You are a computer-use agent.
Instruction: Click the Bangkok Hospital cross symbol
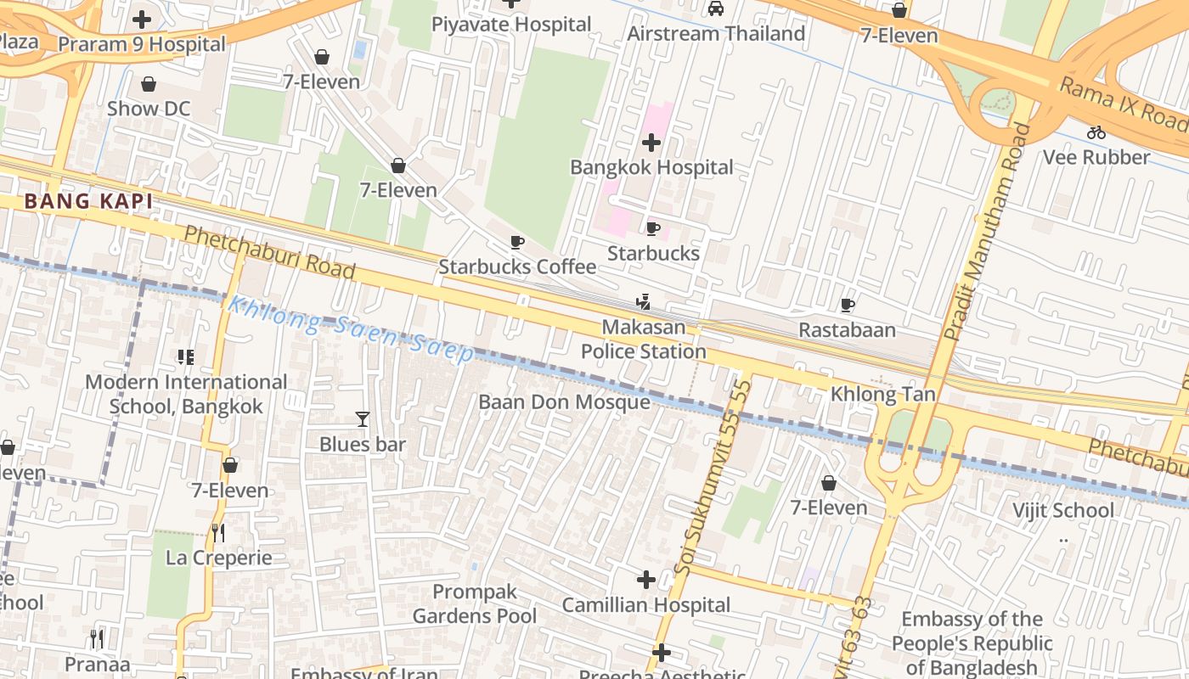[651, 142]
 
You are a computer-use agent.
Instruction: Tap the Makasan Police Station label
[643, 339]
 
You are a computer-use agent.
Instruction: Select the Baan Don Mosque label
[564, 401]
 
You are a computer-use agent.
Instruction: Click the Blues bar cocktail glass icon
[363, 418]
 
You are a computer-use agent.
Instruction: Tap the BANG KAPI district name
[89, 201]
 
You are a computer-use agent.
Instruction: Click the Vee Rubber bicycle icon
[1096, 132]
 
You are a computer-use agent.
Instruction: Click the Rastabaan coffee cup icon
[847, 305]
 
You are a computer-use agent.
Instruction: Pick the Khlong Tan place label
[882, 394]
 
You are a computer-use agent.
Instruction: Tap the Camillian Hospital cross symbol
[645, 580]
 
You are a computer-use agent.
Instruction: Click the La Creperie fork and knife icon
[218, 532]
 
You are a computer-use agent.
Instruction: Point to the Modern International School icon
[185, 357]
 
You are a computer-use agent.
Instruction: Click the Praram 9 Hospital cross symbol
[142, 19]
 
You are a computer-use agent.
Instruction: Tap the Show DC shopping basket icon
[149, 84]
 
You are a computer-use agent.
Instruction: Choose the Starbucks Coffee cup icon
[516, 242]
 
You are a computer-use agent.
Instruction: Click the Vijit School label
[1062, 510]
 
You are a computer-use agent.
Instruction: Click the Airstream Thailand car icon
[716, 8]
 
